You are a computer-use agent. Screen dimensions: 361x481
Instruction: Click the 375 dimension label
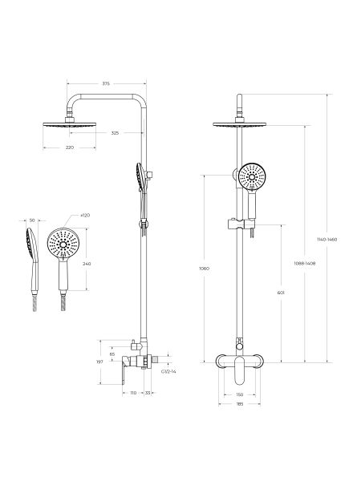106,83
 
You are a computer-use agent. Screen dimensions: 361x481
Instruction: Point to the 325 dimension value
115,133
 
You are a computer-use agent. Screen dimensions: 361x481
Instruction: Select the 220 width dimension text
70,148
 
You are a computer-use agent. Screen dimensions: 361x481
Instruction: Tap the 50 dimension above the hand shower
32,220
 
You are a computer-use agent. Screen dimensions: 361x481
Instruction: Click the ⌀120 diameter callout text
85,216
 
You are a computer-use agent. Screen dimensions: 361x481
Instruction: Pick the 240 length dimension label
87,263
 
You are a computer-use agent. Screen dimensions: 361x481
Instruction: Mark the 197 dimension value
99,362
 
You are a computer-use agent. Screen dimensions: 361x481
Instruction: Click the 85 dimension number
112,354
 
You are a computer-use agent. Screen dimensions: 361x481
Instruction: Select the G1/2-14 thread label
168,371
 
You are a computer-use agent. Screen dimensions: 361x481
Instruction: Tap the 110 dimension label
133,393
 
